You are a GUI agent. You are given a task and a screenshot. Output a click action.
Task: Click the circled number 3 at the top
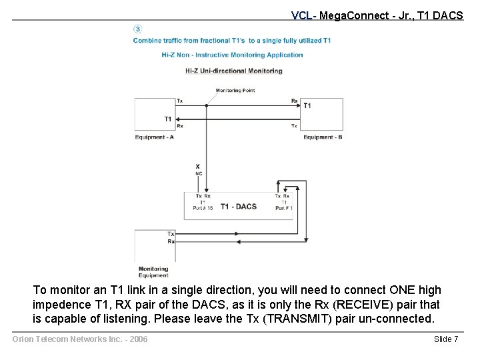coord(137,29)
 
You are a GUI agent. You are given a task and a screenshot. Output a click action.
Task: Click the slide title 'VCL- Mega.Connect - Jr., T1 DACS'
coord(377,15)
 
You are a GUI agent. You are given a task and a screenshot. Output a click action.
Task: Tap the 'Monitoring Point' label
coord(235,91)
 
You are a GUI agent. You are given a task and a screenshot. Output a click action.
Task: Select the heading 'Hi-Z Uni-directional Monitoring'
coord(233,71)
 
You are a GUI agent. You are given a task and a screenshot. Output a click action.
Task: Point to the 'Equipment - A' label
coord(154,137)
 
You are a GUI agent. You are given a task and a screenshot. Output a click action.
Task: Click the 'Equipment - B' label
coord(323,137)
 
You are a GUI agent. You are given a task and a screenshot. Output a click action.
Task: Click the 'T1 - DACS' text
coord(238,207)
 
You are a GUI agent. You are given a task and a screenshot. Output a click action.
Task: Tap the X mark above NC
coord(197,165)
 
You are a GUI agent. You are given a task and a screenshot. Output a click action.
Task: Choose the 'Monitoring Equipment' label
coord(153,272)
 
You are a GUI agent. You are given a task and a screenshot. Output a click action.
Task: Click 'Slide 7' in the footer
coord(446,339)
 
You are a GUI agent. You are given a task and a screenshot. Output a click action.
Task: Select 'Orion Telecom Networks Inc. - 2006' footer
coord(80,339)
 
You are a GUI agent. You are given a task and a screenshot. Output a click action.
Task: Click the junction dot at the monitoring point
coord(207,104)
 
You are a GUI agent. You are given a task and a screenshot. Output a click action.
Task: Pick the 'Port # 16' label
coord(203,208)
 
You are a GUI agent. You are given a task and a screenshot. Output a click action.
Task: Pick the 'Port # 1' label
coord(284,208)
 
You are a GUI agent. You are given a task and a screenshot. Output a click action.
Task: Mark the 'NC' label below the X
coord(198,173)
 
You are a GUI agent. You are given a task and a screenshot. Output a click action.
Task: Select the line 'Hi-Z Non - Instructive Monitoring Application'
coord(232,55)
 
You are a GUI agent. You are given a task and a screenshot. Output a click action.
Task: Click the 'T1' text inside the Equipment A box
coord(167,119)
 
